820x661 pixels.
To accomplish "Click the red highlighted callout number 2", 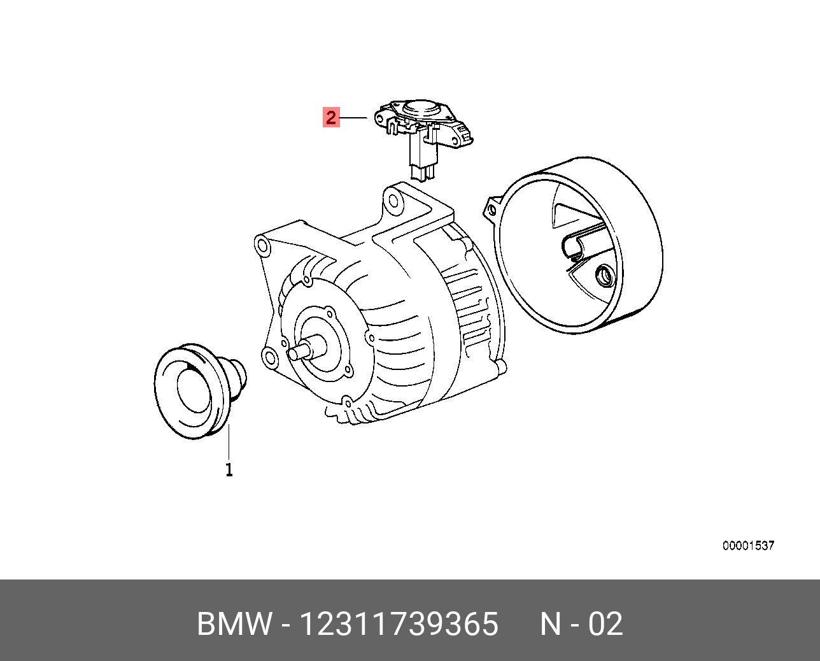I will pyautogui.click(x=331, y=118).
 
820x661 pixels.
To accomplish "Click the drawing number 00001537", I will pyautogui.click(x=748, y=546).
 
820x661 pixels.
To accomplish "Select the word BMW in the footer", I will pyautogui.click(x=234, y=624).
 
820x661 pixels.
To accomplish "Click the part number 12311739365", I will pyautogui.click(x=398, y=624).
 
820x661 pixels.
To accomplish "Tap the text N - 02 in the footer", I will pyautogui.click(x=581, y=624).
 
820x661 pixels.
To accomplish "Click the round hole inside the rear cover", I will pyautogui.click(x=603, y=276).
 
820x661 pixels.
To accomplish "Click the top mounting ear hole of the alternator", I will pyautogui.click(x=394, y=202).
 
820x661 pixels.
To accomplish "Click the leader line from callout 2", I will pyautogui.click(x=355, y=118).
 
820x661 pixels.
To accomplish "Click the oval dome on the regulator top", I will pyautogui.click(x=421, y=108).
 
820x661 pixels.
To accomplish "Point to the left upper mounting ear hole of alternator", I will pyautogui.click(x=260, y=245).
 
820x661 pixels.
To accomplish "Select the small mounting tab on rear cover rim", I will pyautogui.click(x=491, y=208).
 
